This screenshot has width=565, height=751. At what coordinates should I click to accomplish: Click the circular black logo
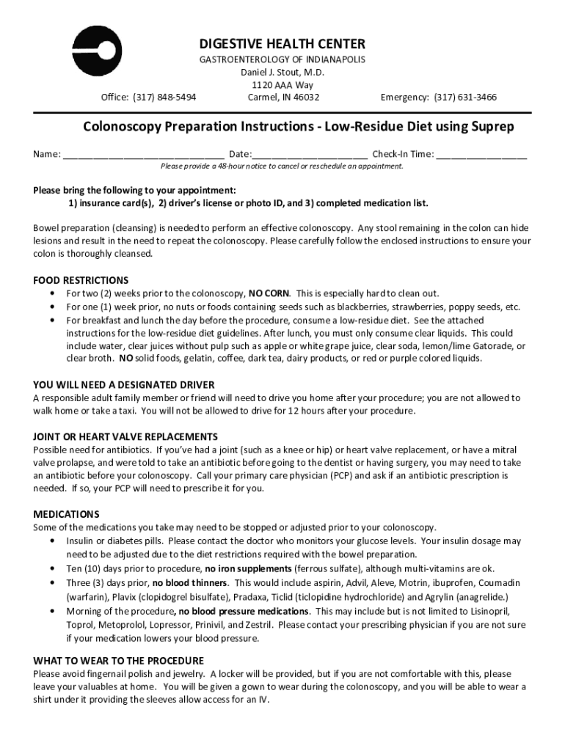tap(98, 51)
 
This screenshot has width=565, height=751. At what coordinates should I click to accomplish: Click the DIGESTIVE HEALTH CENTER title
tap(282, 44)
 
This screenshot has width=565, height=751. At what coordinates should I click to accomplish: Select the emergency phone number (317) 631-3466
tap(465, 97)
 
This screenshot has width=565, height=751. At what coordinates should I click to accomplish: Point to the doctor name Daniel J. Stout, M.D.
tap(282, 73)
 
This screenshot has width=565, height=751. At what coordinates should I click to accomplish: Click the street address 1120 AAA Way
tap(282, 85)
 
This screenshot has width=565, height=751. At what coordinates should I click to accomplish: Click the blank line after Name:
tap(143, 155)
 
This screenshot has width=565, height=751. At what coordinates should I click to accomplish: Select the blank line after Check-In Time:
tap(482, 155)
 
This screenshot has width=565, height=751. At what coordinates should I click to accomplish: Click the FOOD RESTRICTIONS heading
tap(81, 280)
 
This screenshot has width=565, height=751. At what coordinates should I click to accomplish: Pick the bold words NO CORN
tap(269, 293)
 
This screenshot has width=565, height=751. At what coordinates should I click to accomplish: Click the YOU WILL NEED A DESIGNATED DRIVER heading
tap(124, 384)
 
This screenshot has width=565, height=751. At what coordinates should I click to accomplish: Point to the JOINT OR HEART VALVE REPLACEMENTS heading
tap(125, 436)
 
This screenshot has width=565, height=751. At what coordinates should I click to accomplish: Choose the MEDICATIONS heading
tap(66, 514)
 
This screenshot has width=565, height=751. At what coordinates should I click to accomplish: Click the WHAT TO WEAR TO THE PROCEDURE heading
tap(118, 660)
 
